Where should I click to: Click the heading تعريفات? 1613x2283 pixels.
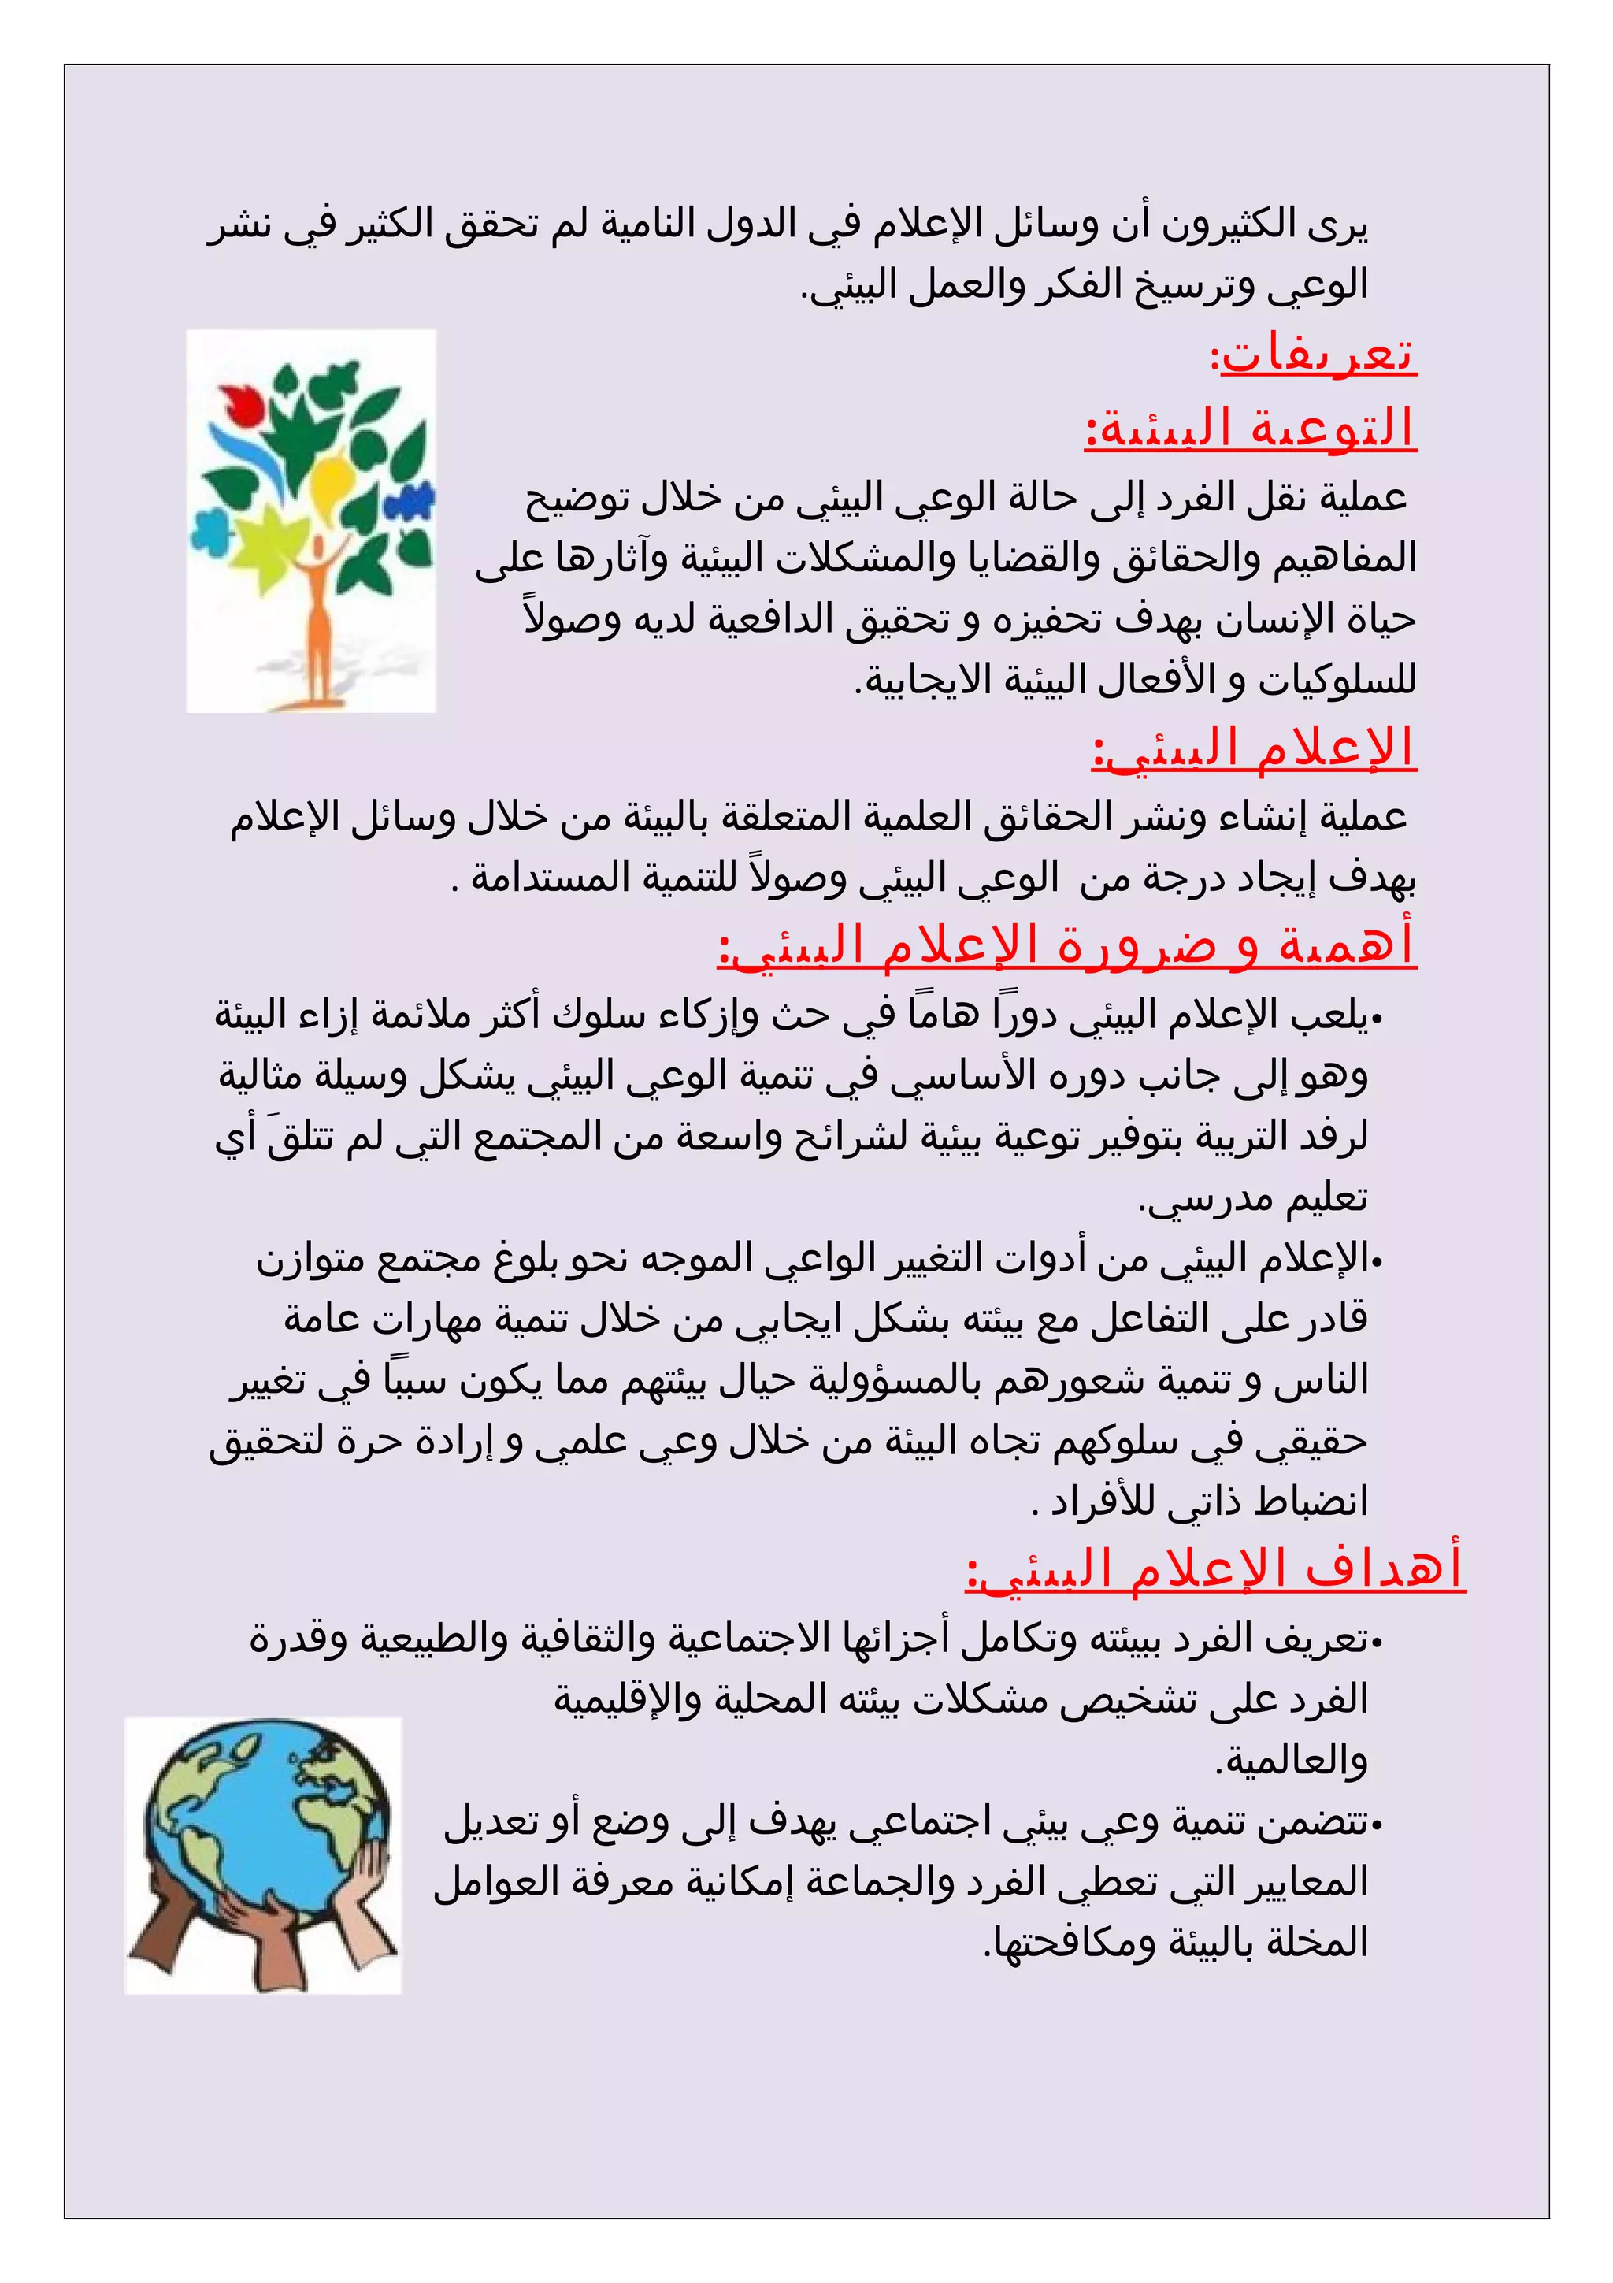click(x=1316, y=356)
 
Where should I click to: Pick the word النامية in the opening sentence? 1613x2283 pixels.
click(x=648, y=226)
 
